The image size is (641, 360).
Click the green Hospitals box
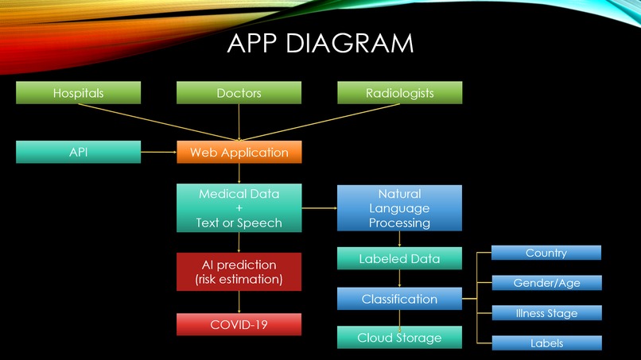[x=78, y=93]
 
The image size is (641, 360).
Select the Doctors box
[x=239, y=93]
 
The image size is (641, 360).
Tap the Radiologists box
[x=399, y=93]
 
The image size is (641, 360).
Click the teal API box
[x=78, y=152]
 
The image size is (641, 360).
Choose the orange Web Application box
[x=239, y=152]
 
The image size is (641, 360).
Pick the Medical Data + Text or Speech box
[x=239, y=208]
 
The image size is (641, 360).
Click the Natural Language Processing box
[x=399, y=208]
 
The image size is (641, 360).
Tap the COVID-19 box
[x=239, y=324]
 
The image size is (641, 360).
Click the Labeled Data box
[x=399, y=258]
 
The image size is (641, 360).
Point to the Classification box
[x=399, y=299]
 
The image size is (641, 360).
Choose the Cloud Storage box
[x=399, y=338]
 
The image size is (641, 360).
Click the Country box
[x=546, y=253]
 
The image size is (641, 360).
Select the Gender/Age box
[x=546, y=283]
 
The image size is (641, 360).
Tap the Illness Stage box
[x=546, y=313]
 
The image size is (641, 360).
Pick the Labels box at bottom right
[x=546, y=343]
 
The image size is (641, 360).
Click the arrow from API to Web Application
[x=159, y=152]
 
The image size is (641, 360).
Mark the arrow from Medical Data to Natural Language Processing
[x=320, y=208]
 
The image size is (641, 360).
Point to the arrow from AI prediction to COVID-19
[x=239, y=302]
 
